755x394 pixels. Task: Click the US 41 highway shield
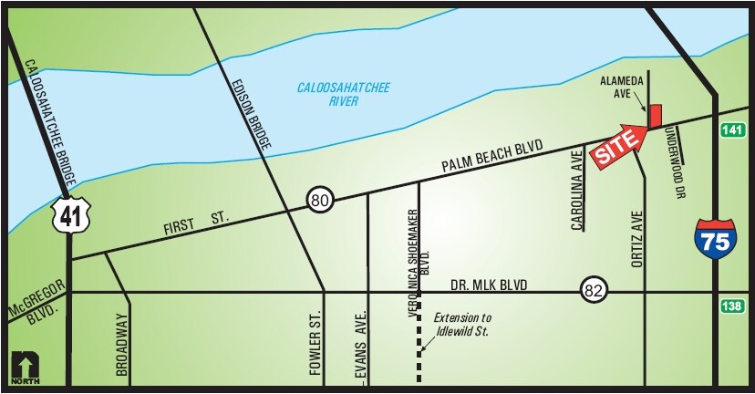[69, 213]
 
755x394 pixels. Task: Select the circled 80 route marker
[319, 200]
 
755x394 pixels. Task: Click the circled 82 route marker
[593, 291]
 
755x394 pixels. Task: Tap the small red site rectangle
[654, 117]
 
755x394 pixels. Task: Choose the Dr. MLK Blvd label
[490, 285]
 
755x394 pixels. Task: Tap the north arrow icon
[24, 368]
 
